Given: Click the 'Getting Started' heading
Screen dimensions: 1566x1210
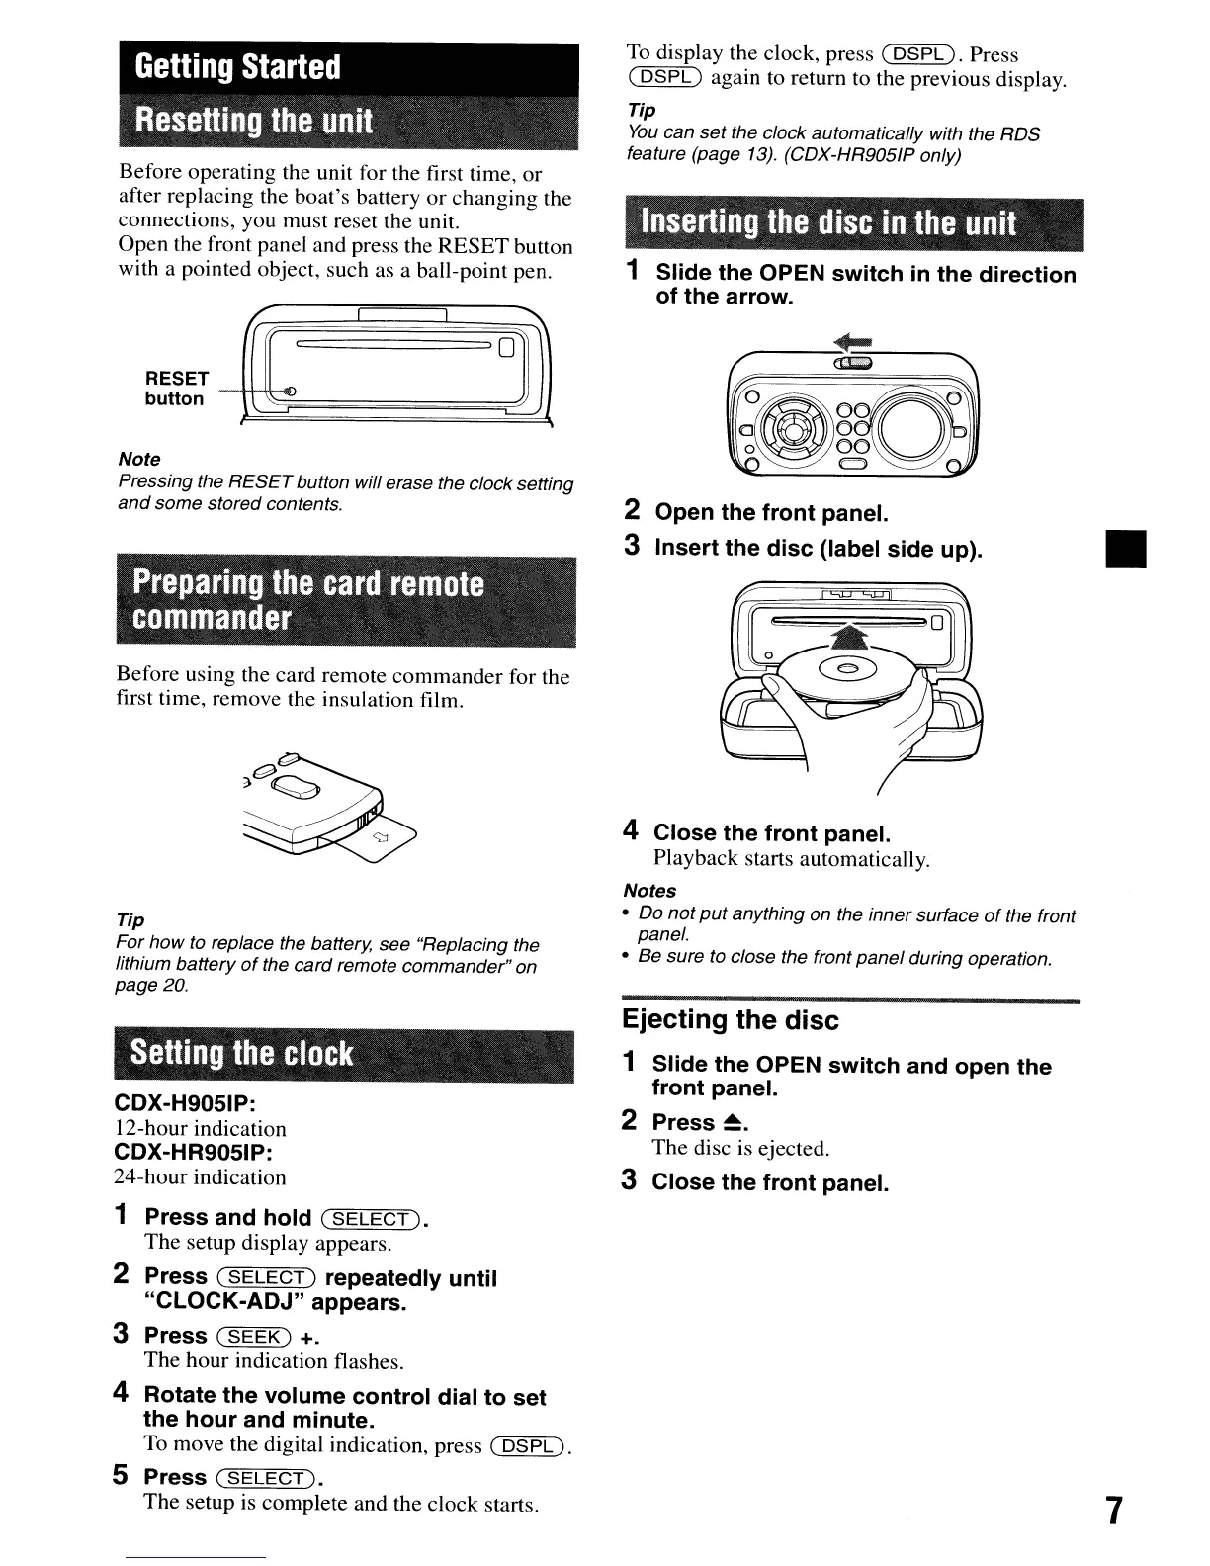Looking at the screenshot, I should tap(237, 67).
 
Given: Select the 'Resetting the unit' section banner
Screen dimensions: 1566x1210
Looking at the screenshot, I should tap(254, 123).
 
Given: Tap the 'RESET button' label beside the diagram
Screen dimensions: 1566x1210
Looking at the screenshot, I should tap(176, 389).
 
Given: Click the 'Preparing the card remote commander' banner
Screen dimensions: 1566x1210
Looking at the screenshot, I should tap(309, 601).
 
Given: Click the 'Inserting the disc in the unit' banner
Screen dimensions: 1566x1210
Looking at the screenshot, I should tap(827, 223).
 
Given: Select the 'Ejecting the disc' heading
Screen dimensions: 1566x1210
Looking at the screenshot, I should tap(730, 1020).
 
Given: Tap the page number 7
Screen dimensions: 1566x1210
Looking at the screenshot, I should tap(1113, 1512).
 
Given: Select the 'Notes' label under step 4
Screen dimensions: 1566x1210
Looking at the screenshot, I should tap(649, 891).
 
